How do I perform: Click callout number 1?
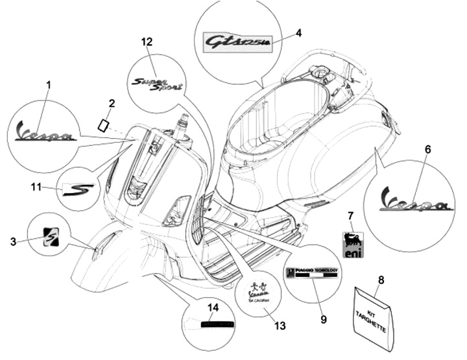pyautogui.click(x=48, y=85)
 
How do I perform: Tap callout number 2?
pyautogui.click(x=112, y=103)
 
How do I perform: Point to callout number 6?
pyautogui.click(x=427, y=149)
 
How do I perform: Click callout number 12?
pyautogui.click(x=148, y=42)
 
